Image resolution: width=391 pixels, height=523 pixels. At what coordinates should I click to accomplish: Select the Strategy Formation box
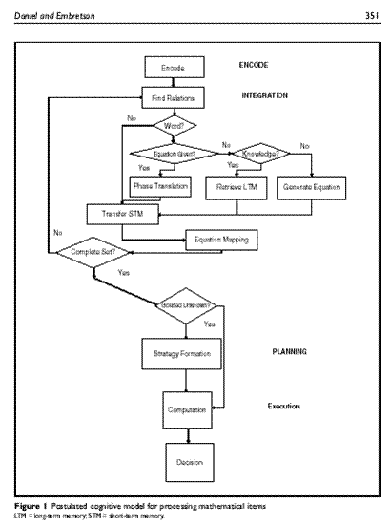173,354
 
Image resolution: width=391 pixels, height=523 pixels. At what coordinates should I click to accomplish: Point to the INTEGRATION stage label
267,96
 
